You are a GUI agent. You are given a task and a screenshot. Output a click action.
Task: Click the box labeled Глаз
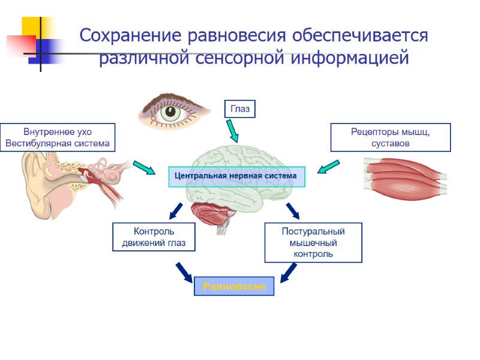point(239,109)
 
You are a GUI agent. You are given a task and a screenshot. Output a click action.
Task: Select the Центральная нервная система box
point(236,176)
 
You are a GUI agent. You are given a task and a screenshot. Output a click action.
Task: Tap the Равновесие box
point(234,286)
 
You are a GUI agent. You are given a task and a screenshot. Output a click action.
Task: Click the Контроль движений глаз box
point(154,237)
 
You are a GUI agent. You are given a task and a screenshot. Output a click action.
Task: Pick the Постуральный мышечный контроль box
point(313,242)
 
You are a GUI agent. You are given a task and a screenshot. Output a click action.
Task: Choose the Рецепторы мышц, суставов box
point(391,137)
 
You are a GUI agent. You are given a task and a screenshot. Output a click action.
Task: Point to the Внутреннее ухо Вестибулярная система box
point(58,137)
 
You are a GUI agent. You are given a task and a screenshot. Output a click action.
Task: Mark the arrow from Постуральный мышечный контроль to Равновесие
point(289,272)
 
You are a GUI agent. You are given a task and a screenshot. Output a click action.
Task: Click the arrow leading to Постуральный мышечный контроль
point(292,211)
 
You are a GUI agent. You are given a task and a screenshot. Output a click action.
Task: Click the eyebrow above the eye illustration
point(170,97)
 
